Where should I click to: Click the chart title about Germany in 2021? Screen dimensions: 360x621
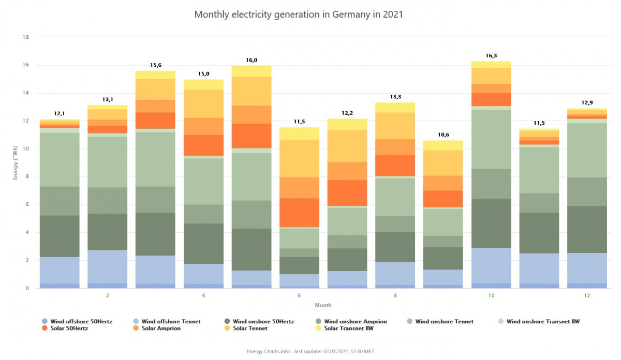coord(299,14)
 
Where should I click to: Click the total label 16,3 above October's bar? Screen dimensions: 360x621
coord(491,56)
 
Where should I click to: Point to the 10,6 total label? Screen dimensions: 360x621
coord(443,135)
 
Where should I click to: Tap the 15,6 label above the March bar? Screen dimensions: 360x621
coord(155,65)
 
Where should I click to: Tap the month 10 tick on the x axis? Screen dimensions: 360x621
coord(491,296)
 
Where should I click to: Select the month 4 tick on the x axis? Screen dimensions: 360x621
coord(203,296)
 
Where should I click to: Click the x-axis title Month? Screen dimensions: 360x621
coord(323,305)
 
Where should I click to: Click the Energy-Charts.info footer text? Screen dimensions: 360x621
coord(310,352)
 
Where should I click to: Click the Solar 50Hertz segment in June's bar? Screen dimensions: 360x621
coord(299,213)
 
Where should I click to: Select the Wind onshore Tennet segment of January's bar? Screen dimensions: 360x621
coord(60,159)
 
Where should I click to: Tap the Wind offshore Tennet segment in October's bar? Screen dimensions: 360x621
coord(491,265)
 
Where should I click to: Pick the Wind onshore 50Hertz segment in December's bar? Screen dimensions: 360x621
coord(587,229)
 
